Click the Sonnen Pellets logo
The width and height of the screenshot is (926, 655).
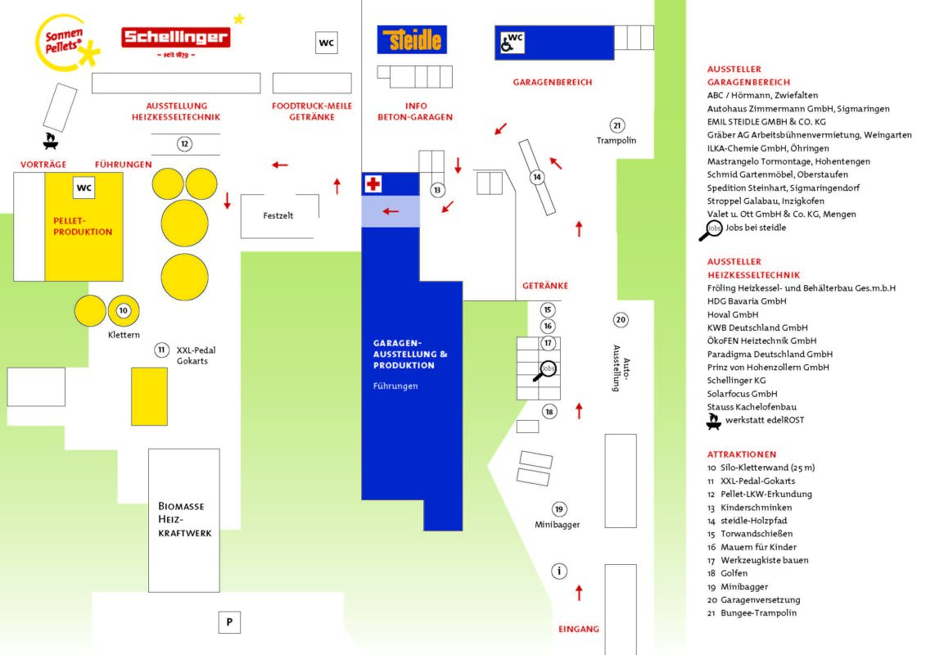click(66, 43)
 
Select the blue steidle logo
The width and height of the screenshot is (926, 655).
click(412, 39)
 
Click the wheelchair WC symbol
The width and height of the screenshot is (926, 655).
click(512, 43)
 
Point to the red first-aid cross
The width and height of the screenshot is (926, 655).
click(373, 183)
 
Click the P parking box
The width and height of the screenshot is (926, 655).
click(229, 622)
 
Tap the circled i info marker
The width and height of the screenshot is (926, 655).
click(559, 571)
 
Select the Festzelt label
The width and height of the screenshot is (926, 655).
click(278, 215)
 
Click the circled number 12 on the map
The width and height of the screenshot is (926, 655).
click(184, 143)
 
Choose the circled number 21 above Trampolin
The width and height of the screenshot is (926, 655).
click(617, 125)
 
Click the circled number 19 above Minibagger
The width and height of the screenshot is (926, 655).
click(559, 509)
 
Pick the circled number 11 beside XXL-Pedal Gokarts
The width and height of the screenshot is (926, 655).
click(161, 350)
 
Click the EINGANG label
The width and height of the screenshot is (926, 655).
click(579, 629)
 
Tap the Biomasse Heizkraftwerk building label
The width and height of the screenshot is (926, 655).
click(184, 519)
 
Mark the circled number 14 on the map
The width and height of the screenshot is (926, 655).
click(537, 177)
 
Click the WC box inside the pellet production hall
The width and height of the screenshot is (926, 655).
click(84, 187)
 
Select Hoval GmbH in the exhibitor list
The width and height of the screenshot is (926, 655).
click(732, 314)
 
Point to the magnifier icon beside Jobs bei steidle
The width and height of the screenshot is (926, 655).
click(711, 230)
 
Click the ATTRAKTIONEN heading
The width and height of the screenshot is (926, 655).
click(742, 454)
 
